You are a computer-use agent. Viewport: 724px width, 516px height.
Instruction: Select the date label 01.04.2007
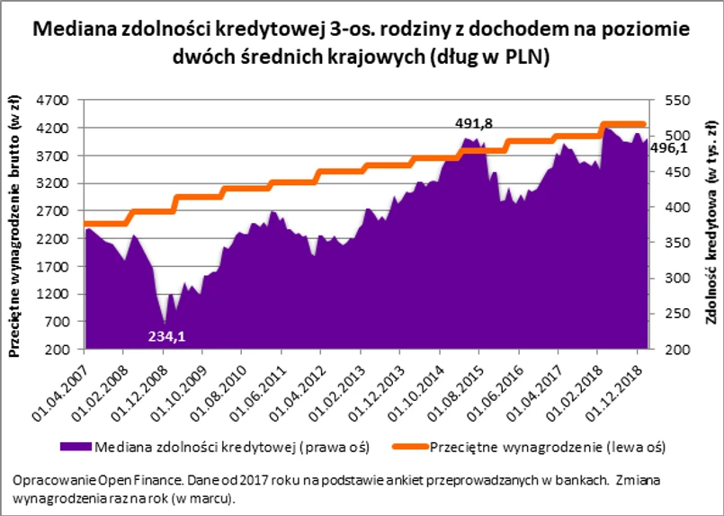(x=64, y=387)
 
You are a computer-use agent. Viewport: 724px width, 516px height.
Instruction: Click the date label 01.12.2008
(x=143, y=387)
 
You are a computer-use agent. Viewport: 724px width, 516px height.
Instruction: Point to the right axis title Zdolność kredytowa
(x=710, y=228)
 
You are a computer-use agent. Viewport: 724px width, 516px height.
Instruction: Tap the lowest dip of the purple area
(x=164, y=322)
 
